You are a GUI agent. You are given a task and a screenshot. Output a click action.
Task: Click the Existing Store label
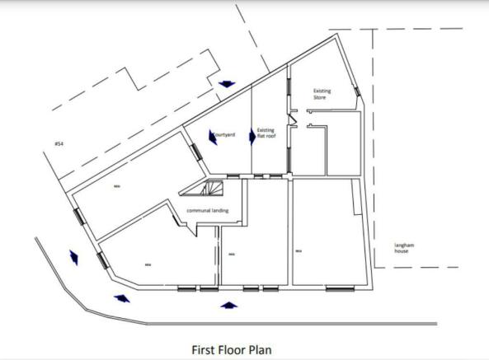321,94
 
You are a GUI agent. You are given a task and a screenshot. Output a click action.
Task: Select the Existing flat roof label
266,133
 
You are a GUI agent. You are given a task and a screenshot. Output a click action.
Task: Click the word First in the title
204,349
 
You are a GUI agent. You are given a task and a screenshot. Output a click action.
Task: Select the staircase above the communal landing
204,191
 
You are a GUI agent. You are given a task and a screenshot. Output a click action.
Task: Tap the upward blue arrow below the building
228,306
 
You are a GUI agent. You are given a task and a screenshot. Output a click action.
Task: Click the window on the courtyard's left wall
195,151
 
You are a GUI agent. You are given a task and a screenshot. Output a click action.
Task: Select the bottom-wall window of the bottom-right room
340,288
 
